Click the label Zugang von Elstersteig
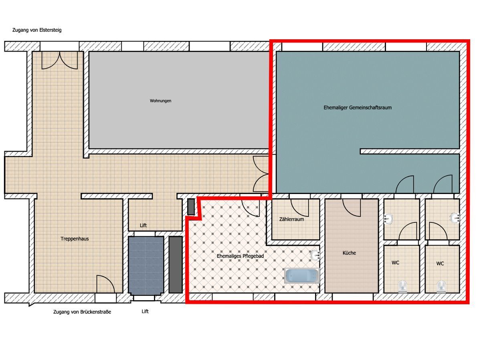click(37, 30)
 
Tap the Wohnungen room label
click(160, 101)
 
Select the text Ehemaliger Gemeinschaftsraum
click(358, 107)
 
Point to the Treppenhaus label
click(75, 239)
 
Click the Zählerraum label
click(291, 219)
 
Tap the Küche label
click(349, 253)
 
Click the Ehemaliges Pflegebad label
click(240, 256)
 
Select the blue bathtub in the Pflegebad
click(302, 276)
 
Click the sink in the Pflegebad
click(315, 255)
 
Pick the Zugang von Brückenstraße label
click(82, 312)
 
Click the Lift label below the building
click(145, 311)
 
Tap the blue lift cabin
click(146, 265)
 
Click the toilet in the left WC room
click(402, 287)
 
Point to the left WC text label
click(395, 263)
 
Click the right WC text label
click(440, 264)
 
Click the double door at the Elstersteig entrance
click(60, 61)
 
